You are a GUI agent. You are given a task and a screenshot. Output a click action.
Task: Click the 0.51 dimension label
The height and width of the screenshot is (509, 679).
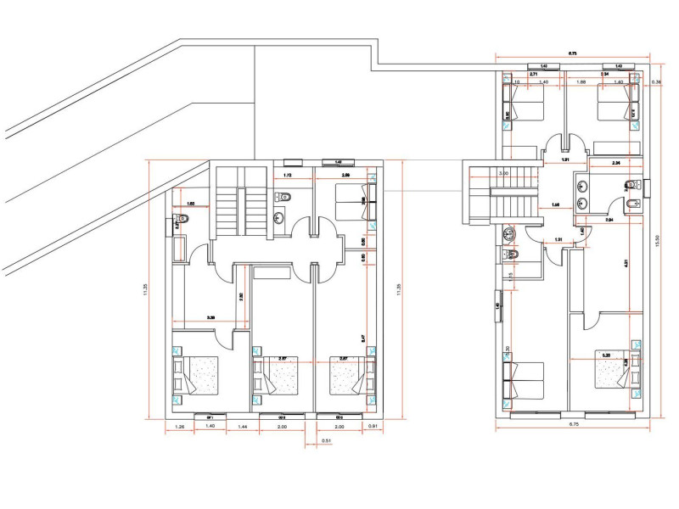point(326,441)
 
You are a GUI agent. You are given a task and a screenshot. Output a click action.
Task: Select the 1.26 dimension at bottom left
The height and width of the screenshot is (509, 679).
point(181,426)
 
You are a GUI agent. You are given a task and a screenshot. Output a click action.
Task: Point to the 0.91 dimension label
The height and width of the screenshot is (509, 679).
point(372,426)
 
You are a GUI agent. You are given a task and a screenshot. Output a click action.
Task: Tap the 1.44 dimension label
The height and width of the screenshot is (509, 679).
point(242,426)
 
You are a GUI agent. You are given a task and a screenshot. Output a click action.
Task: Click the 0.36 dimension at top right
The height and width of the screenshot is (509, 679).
point(656,82)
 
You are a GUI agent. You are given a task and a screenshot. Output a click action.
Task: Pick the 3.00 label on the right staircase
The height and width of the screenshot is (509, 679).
point(503,174)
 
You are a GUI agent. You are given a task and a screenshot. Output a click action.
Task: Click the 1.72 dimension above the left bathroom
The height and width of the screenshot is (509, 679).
point(287,176)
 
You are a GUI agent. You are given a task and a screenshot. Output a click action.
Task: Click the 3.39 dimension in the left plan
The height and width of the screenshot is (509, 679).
point(210,318)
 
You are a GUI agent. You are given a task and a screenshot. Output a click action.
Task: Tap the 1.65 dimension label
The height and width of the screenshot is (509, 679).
point(191,204)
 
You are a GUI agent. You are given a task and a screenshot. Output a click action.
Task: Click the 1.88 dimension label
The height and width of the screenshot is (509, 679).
point(582,82)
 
